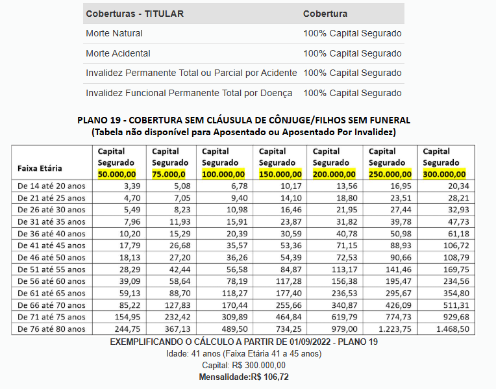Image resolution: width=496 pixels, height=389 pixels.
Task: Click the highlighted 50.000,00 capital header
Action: (x=117, y=174)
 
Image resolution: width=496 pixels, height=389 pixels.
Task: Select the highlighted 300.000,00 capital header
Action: (x=444, y=174)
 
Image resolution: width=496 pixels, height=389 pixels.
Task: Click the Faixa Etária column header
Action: (x=40, y=168)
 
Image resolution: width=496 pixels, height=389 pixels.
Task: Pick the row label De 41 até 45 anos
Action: (x=51, y=245)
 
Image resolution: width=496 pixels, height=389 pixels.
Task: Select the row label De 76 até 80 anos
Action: (x=51, y=329)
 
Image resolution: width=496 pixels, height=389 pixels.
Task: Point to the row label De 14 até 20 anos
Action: (x=51, y=186)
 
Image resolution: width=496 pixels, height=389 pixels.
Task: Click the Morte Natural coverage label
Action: (x=114, y=33)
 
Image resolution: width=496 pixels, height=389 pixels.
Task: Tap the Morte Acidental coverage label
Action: (x=118, y=53)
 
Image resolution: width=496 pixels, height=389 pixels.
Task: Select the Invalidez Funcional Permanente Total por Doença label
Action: (x=189, y=93)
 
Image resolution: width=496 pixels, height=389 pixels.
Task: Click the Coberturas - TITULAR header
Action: (x=134, y=14)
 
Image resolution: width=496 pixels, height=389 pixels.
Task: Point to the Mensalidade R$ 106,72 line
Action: (x=243, y=377)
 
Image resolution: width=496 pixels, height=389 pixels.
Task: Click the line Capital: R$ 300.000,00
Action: (x=243, y=365)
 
